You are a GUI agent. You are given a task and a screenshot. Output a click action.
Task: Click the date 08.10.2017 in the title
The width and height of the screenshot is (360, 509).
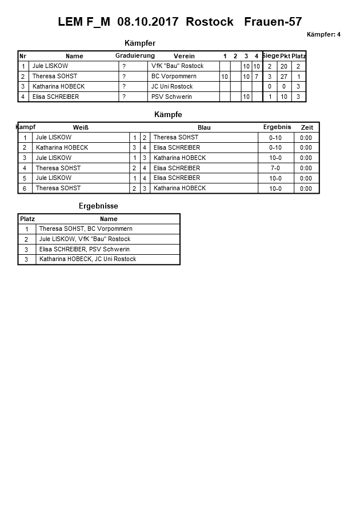click(149, 22)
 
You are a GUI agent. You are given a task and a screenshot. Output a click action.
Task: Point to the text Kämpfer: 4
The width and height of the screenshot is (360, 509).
click(323, 35)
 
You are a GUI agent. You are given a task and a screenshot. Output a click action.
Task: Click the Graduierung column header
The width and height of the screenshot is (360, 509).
click(135, 55)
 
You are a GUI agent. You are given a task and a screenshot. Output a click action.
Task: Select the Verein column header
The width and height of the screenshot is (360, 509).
click(184, 56)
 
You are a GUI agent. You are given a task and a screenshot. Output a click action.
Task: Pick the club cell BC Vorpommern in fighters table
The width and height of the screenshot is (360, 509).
click(174, 76)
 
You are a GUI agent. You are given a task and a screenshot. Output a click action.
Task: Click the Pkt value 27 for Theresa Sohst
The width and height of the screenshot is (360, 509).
click(285, 77)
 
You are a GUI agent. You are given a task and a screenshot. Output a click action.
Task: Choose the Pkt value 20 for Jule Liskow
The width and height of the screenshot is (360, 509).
click(285, 66)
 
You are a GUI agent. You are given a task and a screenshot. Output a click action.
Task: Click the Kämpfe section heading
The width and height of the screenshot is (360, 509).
click(168, 115)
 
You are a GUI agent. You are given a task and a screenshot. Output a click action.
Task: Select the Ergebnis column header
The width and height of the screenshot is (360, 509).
click(277, 127)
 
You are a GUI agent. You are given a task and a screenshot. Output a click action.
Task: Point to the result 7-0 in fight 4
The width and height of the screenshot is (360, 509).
click(275, 168)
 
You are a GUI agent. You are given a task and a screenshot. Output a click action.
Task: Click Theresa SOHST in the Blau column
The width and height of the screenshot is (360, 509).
click(176, 137)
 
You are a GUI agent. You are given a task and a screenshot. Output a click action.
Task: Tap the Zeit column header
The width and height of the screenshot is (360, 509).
click(307, 127)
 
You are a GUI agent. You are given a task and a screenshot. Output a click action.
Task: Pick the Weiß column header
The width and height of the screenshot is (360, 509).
click(81, 127)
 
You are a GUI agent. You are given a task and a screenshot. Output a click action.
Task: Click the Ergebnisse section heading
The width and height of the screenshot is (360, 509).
click(98, 206)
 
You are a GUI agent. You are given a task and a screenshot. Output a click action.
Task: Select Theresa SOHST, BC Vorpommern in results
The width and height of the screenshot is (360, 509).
click(86, 229)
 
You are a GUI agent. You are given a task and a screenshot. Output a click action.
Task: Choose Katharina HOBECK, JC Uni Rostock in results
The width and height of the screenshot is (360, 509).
click(87, 259)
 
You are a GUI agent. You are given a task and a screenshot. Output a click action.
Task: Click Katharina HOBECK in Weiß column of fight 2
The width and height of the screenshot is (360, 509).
click(62, 147)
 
